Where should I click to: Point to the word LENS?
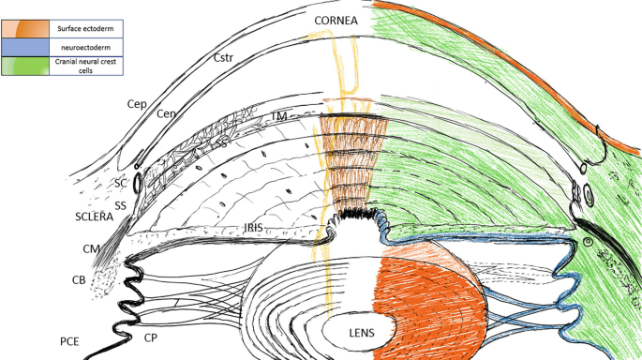tap(364, 331)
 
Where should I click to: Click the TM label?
tap(278, 114)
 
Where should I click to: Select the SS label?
tap(121, 205)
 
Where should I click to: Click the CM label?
tap(91, 249)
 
